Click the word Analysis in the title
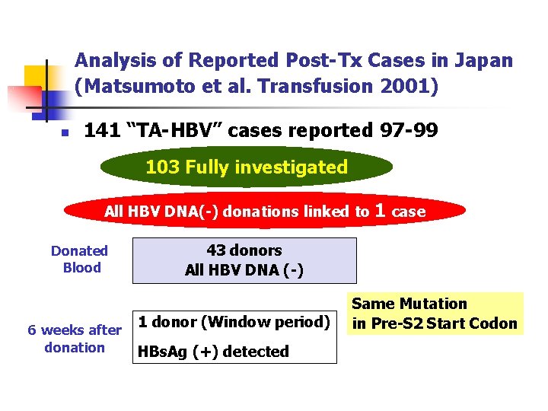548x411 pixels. (x=114, y=60)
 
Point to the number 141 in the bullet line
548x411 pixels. (x=102, y=131)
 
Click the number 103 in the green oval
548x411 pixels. (x=162, y=167)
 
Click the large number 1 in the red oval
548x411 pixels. (x=381, y=210)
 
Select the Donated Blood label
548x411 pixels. (x=80, y=259)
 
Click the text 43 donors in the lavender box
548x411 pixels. (x=244, y=250)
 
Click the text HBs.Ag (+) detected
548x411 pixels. (x=212, y=352)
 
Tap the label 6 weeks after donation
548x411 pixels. (x=75, y=339)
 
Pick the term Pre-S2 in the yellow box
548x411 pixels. (x=397, y=323)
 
